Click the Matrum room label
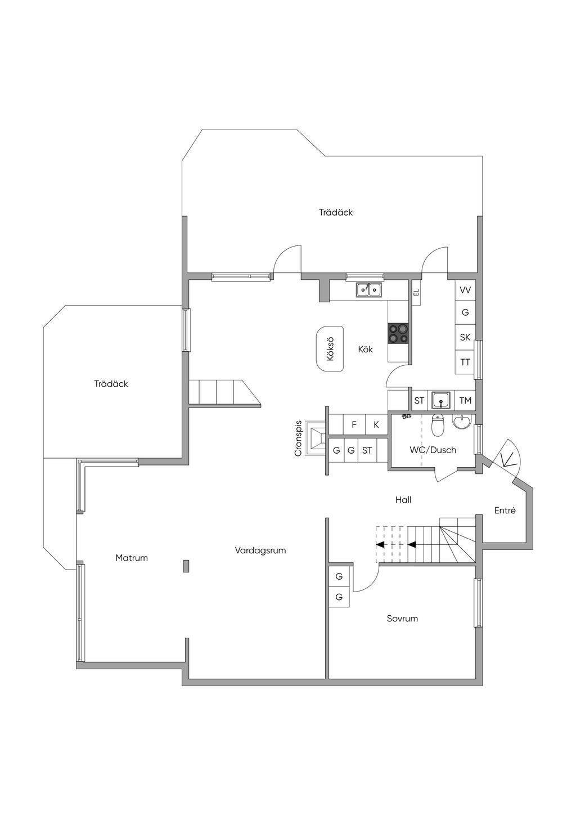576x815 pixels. click(x=132, y=558)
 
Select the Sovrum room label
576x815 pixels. click(x=402, y=619)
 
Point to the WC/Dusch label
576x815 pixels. click(x=433, y=450)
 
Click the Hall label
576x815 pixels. click(x=403, y=500)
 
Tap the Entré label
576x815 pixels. click(x=505, y=511)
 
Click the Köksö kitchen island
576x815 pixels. click(x=330, y=348)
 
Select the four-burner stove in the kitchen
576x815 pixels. click(x=398, y=334)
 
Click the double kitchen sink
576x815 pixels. click(x=369, y=290)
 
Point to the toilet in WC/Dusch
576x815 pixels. click(x=437, y=425)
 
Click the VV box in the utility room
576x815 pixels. click(x=465, y=290)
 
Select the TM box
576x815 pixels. click(x=465, y=401)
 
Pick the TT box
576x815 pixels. click(x=465, y=362)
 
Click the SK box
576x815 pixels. click(x=465, y=337)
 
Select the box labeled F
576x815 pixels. click(x=354, y=424)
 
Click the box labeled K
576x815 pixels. click(x=376, y=424)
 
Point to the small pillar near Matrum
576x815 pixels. click(x=187, y=566)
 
